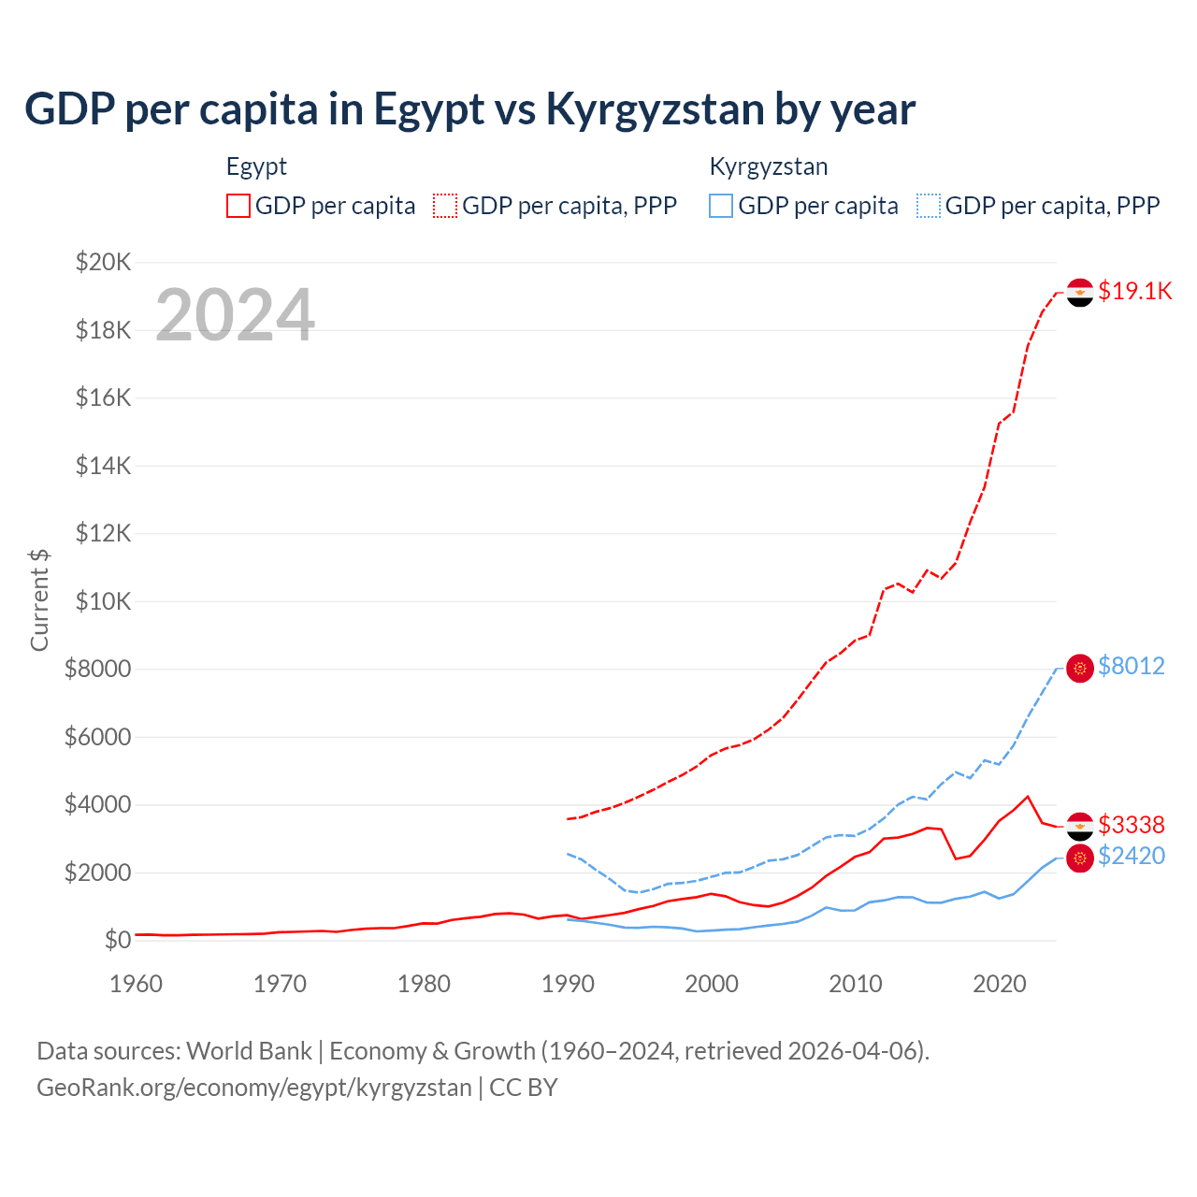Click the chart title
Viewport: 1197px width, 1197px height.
click(x=469, y=109)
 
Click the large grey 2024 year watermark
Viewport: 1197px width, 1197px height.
click(x=235, y=315)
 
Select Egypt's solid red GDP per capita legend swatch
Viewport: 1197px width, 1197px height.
click(x=238, y=206)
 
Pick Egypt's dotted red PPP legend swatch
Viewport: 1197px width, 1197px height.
click(x=445, y=206)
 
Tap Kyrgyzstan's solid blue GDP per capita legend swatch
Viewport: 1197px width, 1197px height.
click(x=721, y=206)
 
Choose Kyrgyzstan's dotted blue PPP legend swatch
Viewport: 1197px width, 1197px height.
click(x=929, y=206)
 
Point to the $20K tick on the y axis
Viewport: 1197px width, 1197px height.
click(x=104, y=262)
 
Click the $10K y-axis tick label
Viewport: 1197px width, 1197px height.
click(x=104, y=601)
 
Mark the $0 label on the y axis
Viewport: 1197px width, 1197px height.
click(x=117, y=940)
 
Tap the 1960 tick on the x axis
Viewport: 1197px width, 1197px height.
click(x=137, y=984)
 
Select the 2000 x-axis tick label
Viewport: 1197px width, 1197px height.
click(x=712, y=984)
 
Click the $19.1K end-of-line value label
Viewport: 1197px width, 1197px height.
click(x=1134, y=291)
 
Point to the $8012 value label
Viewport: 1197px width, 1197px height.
click(x=1132, y=666)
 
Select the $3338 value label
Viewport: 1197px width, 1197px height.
click(x=1132, y=825)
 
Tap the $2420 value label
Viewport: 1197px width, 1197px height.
click(x=1132, y=856)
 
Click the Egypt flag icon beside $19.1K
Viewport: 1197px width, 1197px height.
click(x=1080, y=293)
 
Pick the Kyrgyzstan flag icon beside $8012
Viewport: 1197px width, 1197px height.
click(x=1080, y=668)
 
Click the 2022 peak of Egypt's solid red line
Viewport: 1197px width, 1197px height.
click(x=1028, y=797)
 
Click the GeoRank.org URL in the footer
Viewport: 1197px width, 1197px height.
click(x=254, y=1088)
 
